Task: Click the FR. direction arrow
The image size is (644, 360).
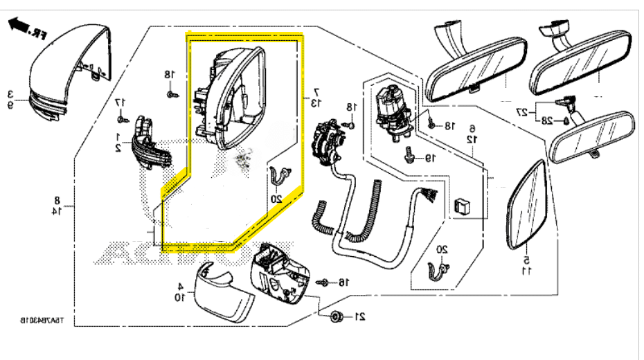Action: tap(26, 29)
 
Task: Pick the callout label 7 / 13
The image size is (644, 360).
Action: tap(315, 97)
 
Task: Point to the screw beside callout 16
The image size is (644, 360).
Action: tap(323, 282)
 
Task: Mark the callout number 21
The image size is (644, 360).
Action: tap(359, 317)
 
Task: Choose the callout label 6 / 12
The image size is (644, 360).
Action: tap(472, 133)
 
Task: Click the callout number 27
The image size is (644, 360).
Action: tap(524, 111)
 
